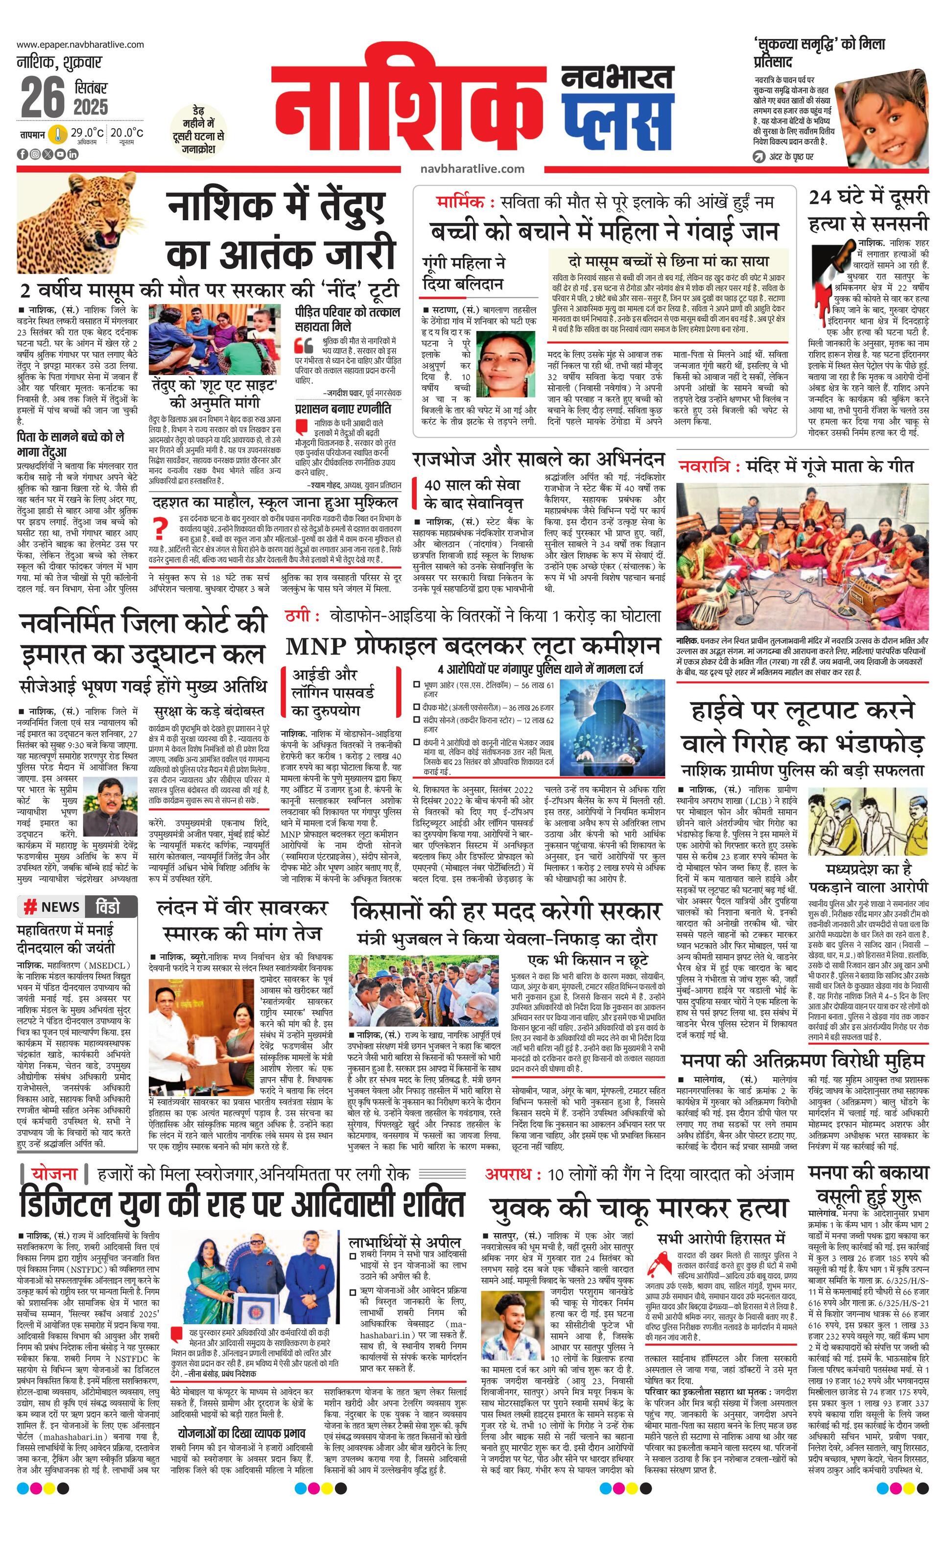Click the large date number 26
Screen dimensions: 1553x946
[x=43, y=98]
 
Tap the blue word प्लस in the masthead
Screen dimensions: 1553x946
[x=616, y=123]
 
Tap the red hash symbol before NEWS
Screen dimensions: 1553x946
[x=29, y=907]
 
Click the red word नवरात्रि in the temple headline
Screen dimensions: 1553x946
[x=705, y=467]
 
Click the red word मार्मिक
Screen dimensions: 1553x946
[x=461, y=202]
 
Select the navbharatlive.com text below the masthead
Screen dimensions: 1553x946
[x=472, y=169]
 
